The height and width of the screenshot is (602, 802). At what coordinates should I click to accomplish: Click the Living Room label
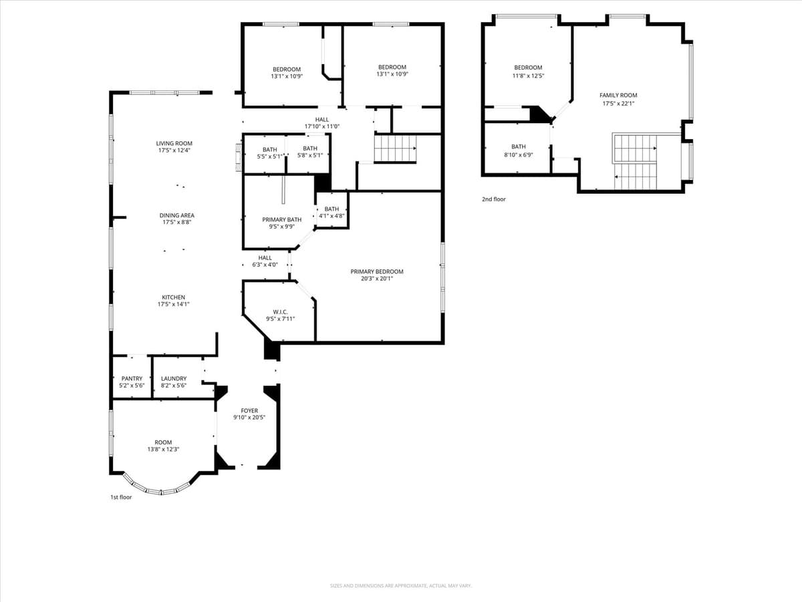click(x=174, y=143)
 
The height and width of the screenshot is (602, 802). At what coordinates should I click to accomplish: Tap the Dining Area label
click(x=176, y=215)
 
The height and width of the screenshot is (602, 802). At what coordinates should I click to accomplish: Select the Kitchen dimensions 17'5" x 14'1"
click(x=174, y=304)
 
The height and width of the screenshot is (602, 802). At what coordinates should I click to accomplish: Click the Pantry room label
click(x=132, y=379)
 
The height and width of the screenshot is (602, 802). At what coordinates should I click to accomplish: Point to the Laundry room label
click(x=174, y=379)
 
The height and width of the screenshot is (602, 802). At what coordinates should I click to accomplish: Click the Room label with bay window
click(x=163, y=442)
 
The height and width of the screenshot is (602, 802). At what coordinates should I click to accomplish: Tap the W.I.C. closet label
click(x=280, y=312)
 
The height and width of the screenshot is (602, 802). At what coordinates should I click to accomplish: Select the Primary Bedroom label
click(x=377, y=272)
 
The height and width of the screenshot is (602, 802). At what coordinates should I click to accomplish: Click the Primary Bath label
click(x=281, y=219)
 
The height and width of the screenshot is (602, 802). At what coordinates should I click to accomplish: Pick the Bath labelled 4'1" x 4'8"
click(x=331, y=209)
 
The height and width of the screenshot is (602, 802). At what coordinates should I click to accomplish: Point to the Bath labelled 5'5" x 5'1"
click(x=269, y=150)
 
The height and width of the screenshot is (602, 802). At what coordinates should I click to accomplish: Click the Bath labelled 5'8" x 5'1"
click(x=310, y=148)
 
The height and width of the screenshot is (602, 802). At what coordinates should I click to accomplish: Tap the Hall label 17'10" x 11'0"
click(x=322, y=120)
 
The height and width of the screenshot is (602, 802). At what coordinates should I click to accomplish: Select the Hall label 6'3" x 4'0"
click(x=265, y=258)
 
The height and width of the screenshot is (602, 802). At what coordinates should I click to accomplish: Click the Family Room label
click(x=618, y=95)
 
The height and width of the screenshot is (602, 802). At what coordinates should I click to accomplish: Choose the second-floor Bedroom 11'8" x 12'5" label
click(x=528, y=68)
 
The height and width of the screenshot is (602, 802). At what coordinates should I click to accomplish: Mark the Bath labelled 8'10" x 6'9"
click(x=519, y=146)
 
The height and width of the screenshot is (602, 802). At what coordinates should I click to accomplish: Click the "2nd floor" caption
click(x=494, y=199)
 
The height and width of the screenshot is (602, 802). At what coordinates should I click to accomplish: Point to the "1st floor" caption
click(x=121, y=497)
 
